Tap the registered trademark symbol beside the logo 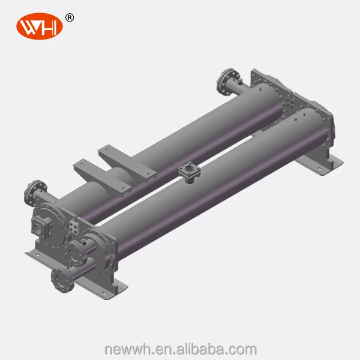tap(70, 17)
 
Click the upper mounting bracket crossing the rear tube tap(129, 158)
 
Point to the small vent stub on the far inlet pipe tap(238, 80)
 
